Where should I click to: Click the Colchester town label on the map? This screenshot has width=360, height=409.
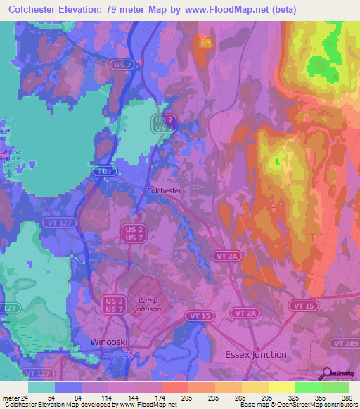click(165, 190)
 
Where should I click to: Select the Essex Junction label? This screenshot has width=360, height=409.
click(255, 354)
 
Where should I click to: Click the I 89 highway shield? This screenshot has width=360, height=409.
click(104, 171)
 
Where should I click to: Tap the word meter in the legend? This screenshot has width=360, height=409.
click(10, 398)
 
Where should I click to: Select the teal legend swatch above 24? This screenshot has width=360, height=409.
click(41, 387)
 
